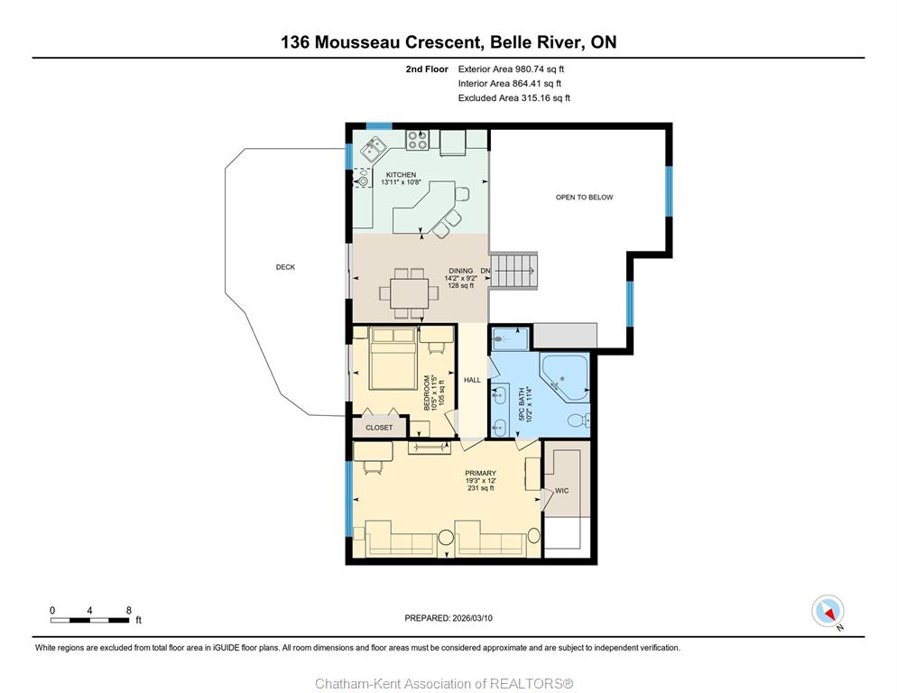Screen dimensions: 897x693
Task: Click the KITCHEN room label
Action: pyautogui.click(x=401, y=174)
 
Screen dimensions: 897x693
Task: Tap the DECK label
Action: pyautogui.click(x=285, y=267)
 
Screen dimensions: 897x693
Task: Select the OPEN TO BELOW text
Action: pyautogui.click(x=584, y=198)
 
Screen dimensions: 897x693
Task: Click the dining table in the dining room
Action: pyautogui.click(x=410, y=293)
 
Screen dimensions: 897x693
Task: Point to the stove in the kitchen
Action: pyautogui.click(x=417, y=140)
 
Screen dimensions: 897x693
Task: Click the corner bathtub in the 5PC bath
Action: pyautogui.click(x=565, y=377)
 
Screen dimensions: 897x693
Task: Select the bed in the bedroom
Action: pyautogui.click(x=393, y=359)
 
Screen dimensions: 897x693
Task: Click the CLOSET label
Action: pyautogui.click(x=379, y=428)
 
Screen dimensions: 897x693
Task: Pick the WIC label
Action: pyautogui.click(x=562, y=491)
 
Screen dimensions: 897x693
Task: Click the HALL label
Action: pyautogui.click(x=473, y=380)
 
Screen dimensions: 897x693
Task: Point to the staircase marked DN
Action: pyautogui.click(x=514, y=272)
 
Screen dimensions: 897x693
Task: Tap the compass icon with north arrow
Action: pyautogui.click(x=828, y=611)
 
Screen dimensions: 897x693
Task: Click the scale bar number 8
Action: pyautogui.click(x=129, y=611)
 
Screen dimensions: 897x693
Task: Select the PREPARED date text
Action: pyautogui.click(x=448, y=618)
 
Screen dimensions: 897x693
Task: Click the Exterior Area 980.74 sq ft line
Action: pyautogui.click(x=511, y=69)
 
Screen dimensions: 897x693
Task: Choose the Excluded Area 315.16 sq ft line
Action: pyautogui.click(x=514, y=97)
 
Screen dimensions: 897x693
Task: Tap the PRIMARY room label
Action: pyautogui.click(x=480, y=473)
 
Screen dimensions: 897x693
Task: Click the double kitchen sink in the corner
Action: pyautogui.click(x=373, y=150)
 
